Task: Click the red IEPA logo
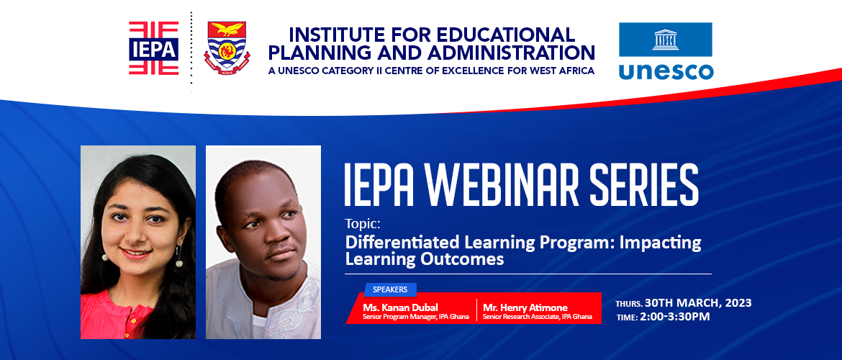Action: pos(153,48)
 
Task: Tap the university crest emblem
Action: pos(226,48)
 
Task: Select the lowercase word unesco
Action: pos(666,71)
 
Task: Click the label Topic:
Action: pos(361,224)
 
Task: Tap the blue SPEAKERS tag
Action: pos(390,289)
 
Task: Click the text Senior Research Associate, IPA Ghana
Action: pos(537,316)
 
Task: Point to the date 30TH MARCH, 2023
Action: pos(699,303)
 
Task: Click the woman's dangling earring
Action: pos(177,256)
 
